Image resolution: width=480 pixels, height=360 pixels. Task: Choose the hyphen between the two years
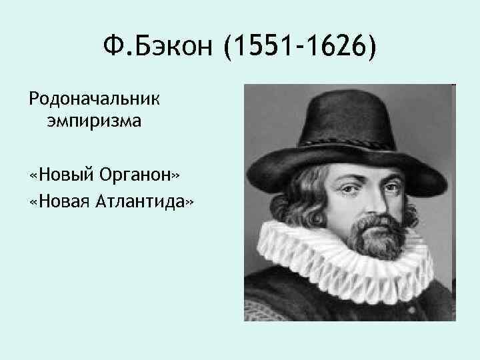(x=299, y=48)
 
